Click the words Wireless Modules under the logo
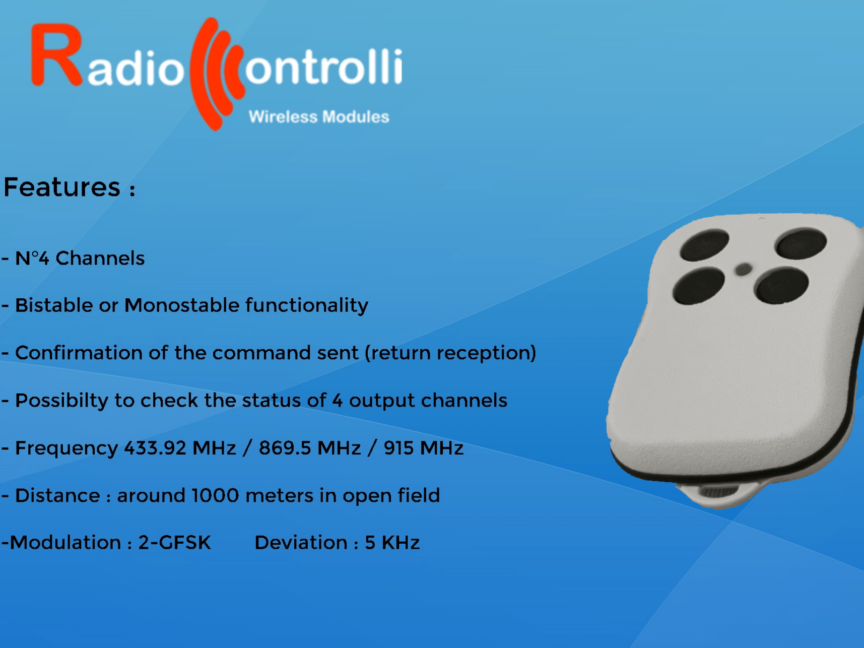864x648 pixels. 318,117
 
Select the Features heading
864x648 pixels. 62,187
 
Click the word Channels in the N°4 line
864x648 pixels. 100,258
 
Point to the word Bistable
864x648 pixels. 54,305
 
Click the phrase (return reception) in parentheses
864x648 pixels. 450,353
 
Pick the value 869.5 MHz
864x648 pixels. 309,448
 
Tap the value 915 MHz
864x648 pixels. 423,448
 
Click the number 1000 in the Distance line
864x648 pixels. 215,495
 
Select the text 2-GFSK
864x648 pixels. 174,543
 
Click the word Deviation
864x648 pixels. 301,543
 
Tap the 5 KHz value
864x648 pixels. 392,543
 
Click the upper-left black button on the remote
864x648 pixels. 704,244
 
